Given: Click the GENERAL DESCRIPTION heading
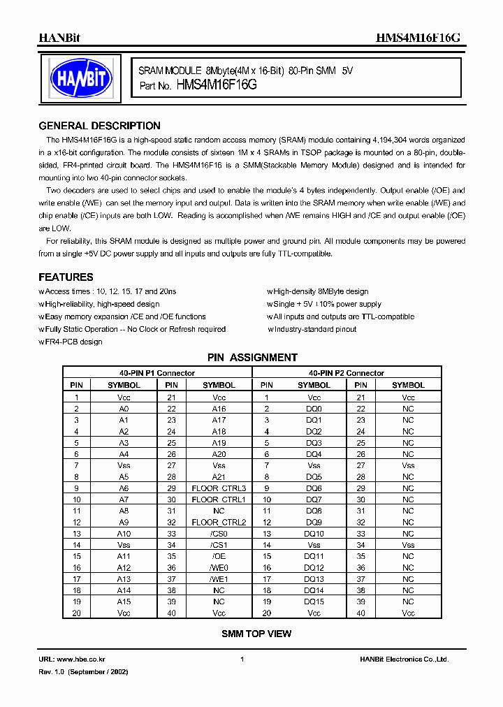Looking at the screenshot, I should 99,126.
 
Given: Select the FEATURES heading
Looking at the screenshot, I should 66,277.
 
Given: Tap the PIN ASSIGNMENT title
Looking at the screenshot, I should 252,358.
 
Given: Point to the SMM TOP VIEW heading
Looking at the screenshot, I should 256,634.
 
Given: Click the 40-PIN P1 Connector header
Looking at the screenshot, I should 156,373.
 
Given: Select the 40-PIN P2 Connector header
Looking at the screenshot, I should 347,373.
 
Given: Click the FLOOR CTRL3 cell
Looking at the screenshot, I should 219,488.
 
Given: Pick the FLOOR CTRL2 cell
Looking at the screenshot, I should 219,522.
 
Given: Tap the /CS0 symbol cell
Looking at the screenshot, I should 219,534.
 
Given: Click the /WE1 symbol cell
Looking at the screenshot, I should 219,579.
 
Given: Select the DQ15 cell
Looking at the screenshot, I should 314,602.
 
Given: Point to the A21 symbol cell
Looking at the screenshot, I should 219,476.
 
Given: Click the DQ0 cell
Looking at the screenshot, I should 314,409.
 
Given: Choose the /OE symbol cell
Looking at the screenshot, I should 219,557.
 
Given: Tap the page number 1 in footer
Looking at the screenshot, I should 242,659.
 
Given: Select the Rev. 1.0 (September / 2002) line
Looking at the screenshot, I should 83,671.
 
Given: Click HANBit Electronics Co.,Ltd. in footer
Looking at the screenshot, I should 404,659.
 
